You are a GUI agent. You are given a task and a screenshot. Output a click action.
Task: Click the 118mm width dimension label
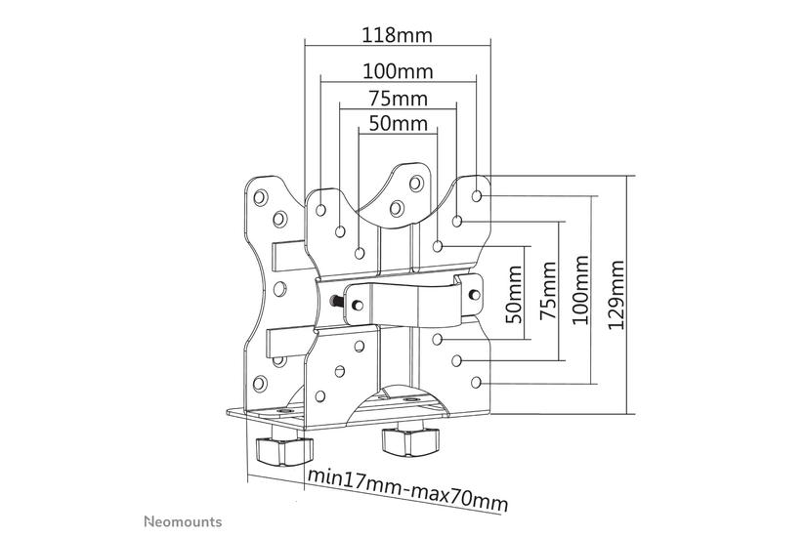pos(397,35)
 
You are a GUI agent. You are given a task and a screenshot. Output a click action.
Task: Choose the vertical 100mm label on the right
pos(583,291)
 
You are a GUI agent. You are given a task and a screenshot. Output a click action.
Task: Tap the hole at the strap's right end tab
pos(473,290)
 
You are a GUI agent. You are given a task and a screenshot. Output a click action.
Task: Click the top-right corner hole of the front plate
pos(476,195)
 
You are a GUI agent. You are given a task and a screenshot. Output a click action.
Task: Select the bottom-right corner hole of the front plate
pos(476,382)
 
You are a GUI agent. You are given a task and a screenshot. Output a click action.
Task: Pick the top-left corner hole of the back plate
pos(260,195)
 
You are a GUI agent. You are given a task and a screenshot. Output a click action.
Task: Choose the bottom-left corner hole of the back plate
pos(260,383)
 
